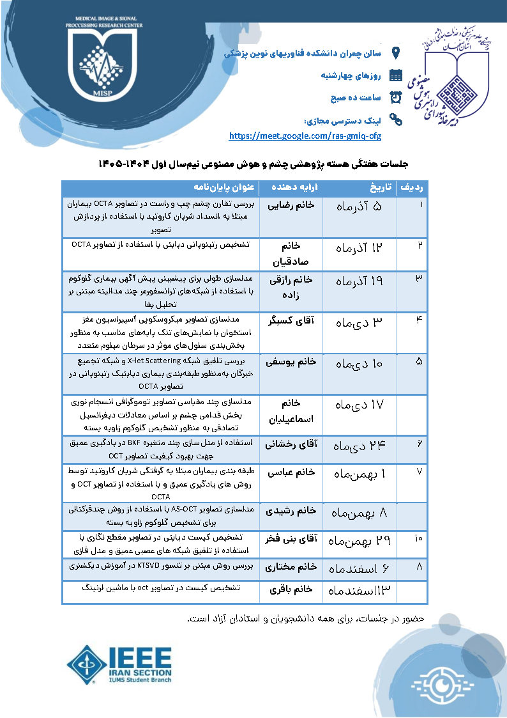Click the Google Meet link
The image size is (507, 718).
point(305,136)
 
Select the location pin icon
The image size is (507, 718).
point(396,53)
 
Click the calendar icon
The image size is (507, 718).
point(396,75)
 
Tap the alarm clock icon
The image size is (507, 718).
point(396,97)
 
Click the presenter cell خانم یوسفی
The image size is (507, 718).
point(291,361)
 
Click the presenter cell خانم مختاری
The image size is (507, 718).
point(291,566)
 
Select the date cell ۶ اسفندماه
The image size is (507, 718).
point(359,568)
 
